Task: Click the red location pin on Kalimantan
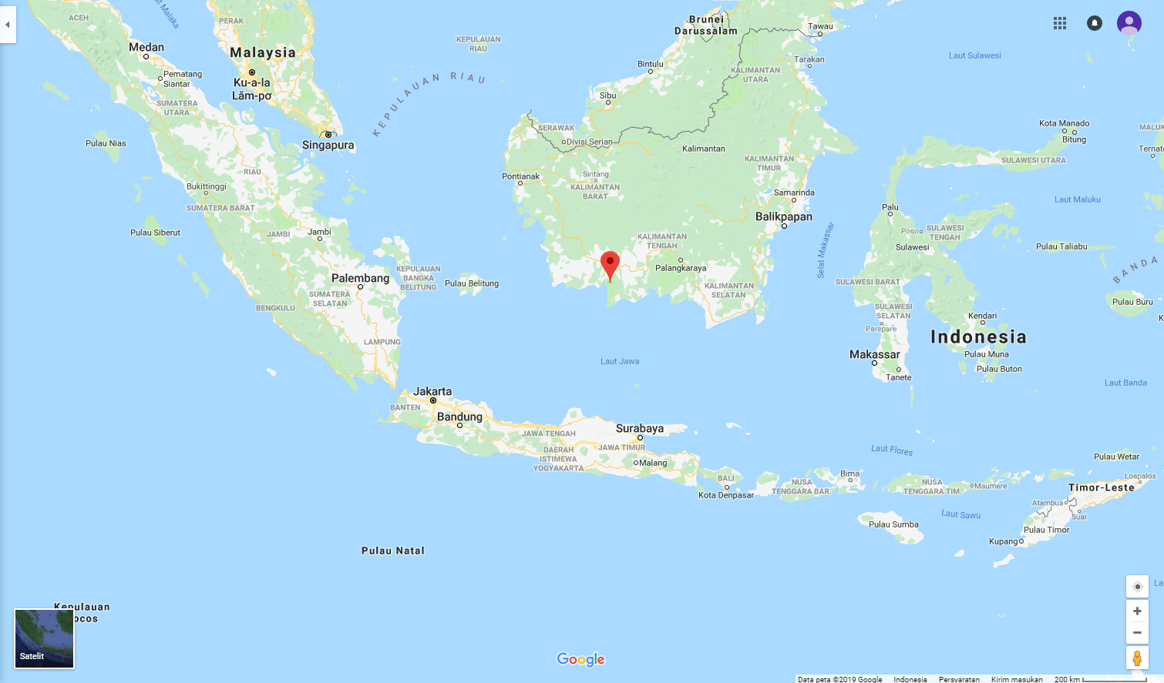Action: click(610, 265)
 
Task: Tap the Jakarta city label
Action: click(432, 391)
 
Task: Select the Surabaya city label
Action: click(639, 428)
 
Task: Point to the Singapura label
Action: click(328, 145)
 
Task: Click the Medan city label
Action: click(146, 47)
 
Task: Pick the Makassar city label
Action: click(874, 354)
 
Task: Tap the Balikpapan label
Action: click(783, 216)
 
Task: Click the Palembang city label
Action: click(360, 278)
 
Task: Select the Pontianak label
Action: click(520, 176)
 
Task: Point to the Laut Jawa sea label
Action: click(620, 361)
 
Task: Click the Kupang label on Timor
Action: click(1004, 541)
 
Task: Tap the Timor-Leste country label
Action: click(1101, 487)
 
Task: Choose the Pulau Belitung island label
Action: click(472, 283)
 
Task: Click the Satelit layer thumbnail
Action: click(45, 638)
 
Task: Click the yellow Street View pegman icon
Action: click(1137, 658)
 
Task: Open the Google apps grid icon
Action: click(1060, 23)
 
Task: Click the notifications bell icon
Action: click(1095, 23)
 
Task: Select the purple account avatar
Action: click(1129, 23)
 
